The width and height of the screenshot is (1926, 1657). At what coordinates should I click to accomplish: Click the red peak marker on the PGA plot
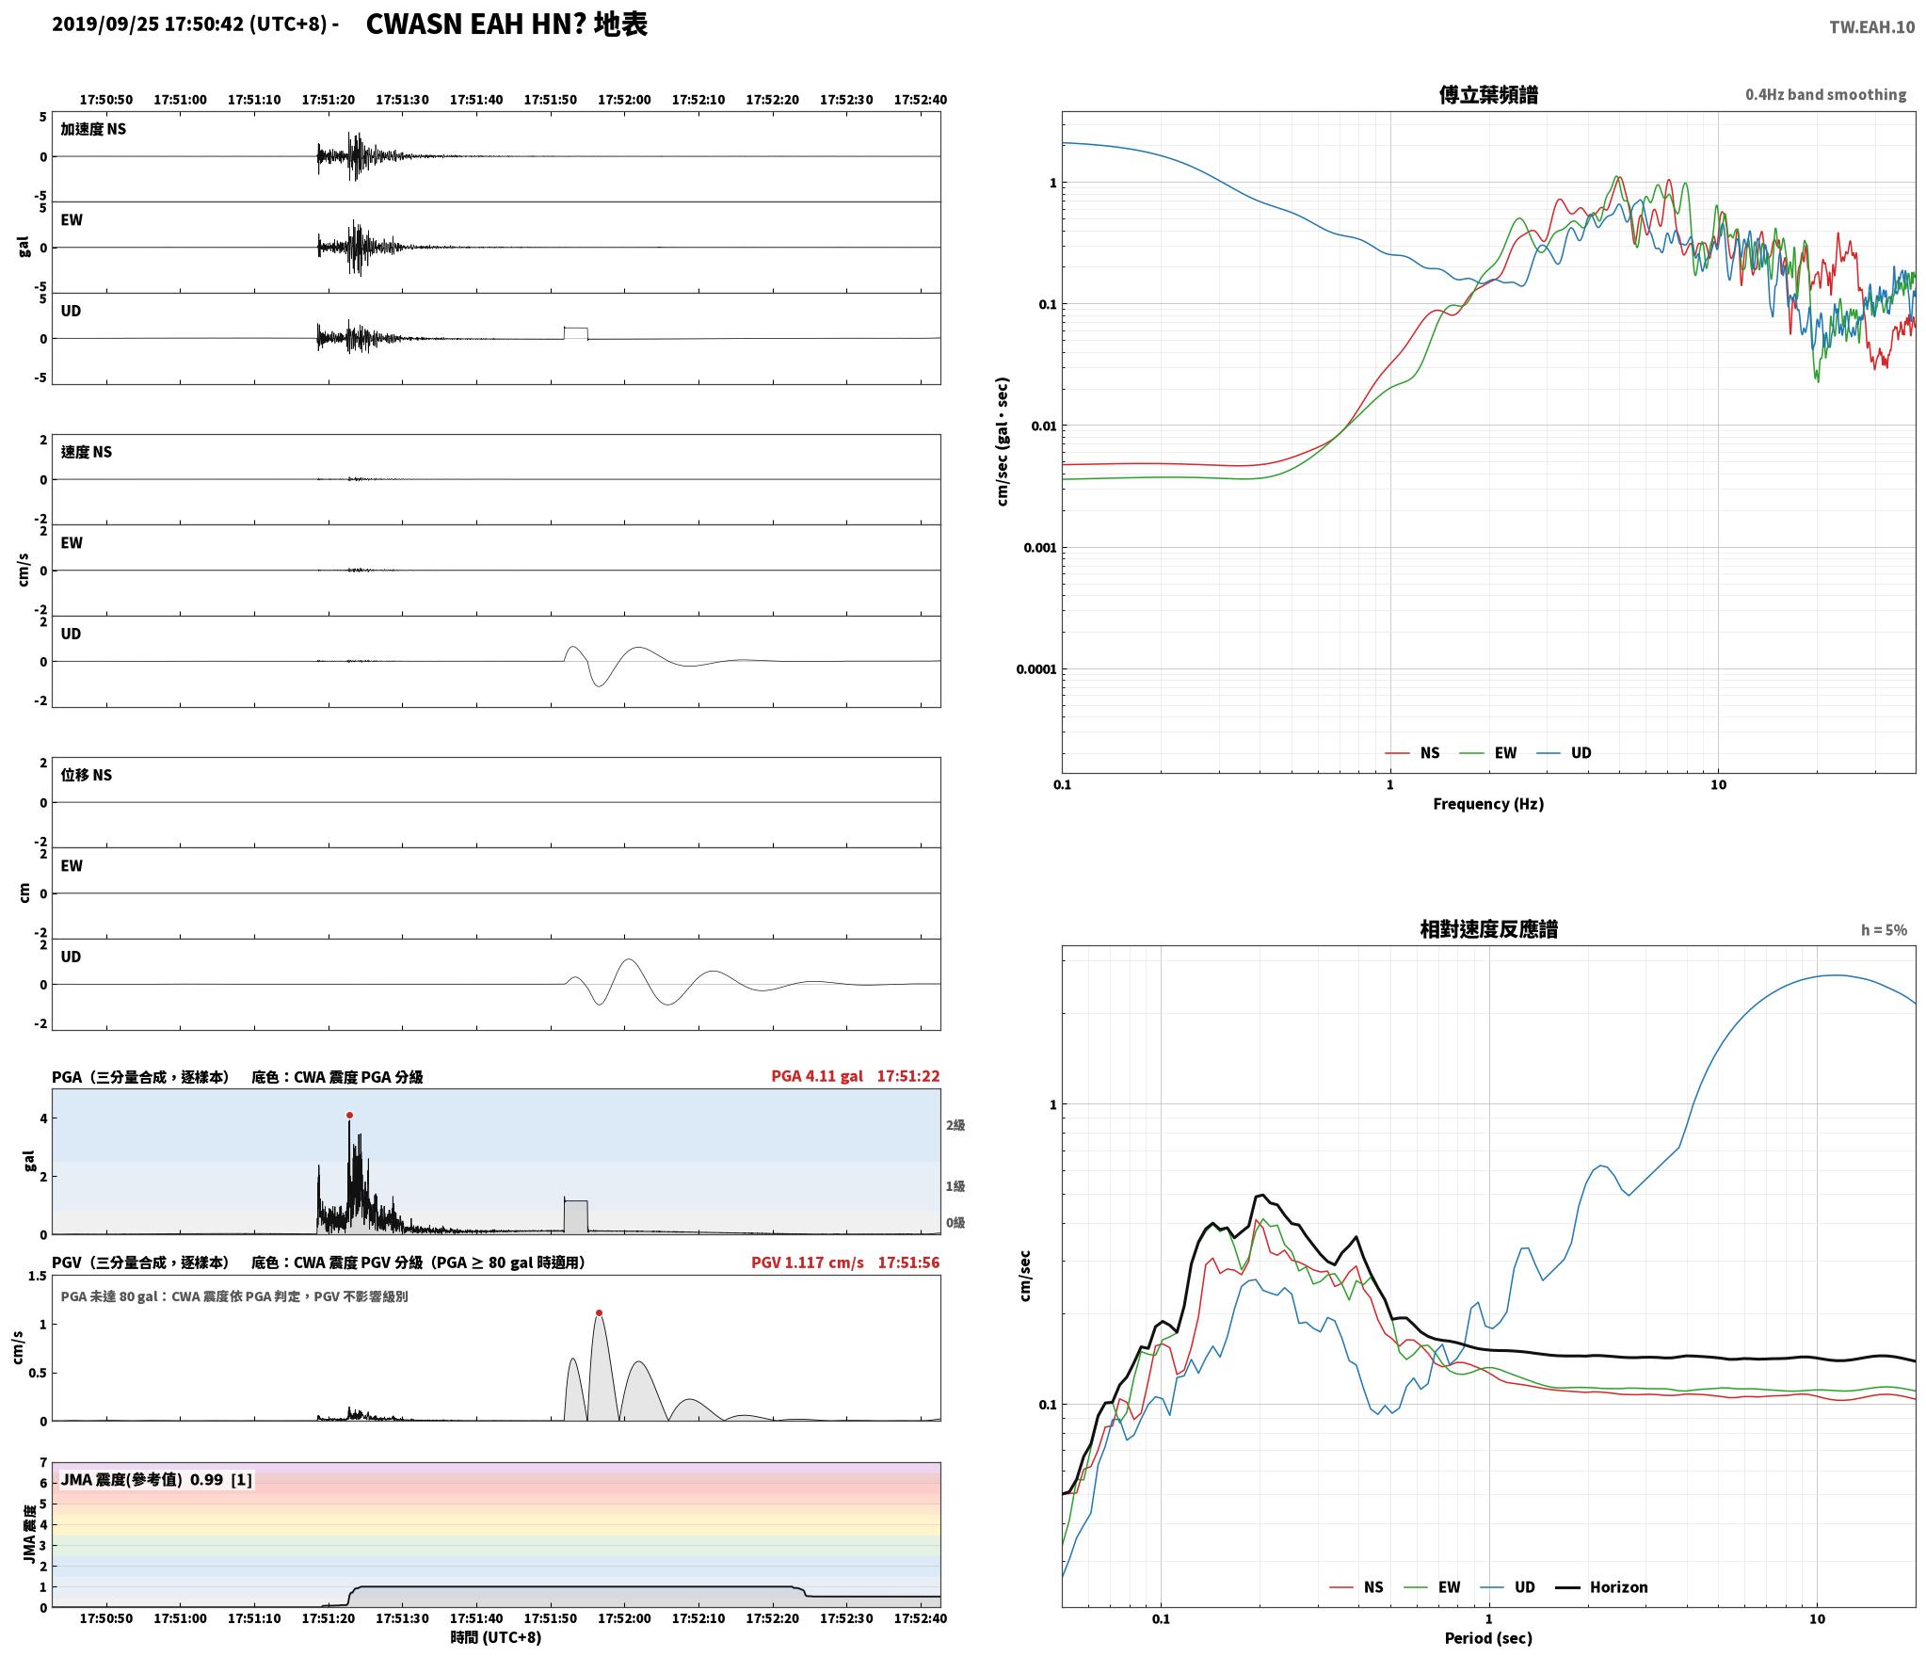(x=349, y=1115)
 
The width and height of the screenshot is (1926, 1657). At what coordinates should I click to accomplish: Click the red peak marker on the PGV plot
(x=599, y=1312)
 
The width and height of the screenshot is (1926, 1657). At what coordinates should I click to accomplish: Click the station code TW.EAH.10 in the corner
(x=1871, y=27)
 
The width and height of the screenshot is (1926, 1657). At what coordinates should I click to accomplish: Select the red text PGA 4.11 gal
(x=816, y=1076)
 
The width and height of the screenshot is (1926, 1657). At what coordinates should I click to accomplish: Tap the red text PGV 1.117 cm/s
(x=807, y=1263)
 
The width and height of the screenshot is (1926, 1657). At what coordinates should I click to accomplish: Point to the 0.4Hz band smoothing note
(x=1825, y=94)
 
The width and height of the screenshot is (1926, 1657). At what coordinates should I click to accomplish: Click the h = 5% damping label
(x=1884, y=930)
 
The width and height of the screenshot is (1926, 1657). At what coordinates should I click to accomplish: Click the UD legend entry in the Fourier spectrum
(x=1564, y=753)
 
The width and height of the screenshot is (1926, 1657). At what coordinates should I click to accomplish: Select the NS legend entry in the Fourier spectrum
(x=1412, y=753)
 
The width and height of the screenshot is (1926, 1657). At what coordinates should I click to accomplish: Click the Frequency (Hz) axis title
(x=1488, y=803)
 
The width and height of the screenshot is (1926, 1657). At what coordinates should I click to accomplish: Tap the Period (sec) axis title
(x=1488, y=1638)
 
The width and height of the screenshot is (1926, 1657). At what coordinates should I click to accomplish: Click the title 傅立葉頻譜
(x=1488, y=94)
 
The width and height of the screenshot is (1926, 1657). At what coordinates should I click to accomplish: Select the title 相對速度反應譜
(x=1488, y=929)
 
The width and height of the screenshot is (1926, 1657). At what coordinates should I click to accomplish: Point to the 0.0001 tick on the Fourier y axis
(x=1035, y=669)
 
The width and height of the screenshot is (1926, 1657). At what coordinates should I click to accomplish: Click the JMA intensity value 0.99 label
(x=206, y=1479)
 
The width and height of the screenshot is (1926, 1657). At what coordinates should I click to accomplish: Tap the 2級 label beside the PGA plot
(x=955, y=1125)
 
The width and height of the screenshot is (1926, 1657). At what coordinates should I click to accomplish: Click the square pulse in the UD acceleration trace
(x=575, y=333)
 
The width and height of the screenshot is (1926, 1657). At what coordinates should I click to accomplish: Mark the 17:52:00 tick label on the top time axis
(x=624, y=100)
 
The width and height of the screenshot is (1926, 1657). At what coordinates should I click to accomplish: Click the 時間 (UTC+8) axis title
(x=496, y=1637)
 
